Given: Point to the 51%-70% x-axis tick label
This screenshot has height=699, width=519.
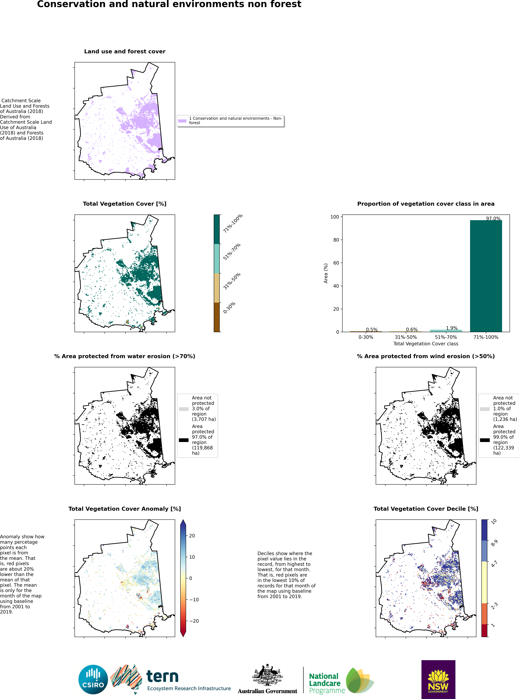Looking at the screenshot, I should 446,337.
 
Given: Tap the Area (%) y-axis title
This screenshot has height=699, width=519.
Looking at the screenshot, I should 326,273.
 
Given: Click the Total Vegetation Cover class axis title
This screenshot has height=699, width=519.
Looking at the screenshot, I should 426,344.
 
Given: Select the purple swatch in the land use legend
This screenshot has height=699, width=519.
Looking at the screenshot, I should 182,120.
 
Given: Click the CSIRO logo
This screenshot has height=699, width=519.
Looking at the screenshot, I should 93,680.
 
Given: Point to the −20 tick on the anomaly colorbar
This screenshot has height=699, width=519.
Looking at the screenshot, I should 194,621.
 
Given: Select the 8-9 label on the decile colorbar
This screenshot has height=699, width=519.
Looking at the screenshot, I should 494,543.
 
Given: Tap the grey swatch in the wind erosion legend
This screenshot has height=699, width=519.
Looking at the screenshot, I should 485,409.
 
